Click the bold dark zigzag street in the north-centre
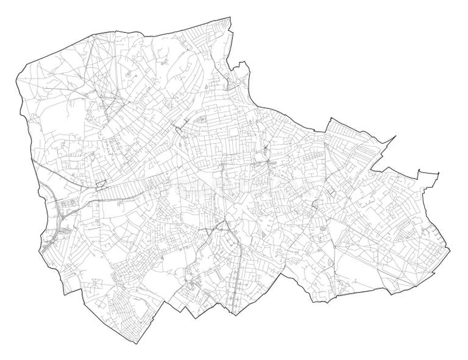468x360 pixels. [x=179, y=127]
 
